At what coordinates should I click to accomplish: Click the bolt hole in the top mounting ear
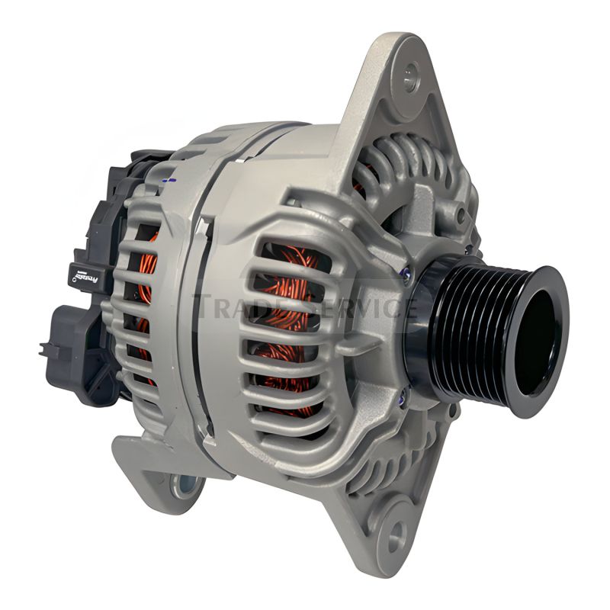[x=411, y=77]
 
